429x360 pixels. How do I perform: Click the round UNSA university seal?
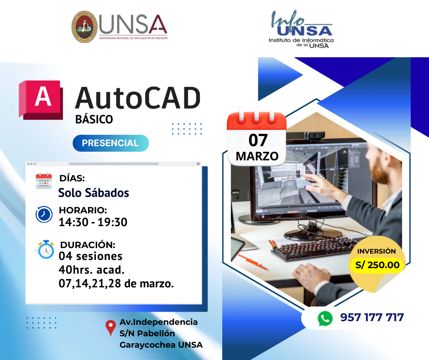pyautogui.click(x=84, y=26)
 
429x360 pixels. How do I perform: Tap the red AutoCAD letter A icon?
pyautogui.click(x=41, y=100)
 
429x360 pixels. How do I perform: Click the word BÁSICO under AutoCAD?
pyautogui.click(x=94, y=119)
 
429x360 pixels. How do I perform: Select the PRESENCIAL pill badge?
pyautogui.click(x=110, y=143)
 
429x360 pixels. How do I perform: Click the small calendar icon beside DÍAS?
pyautogui.click(x=44, y=181)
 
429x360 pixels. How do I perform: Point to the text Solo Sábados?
pyautogui.click(x=94, y=193)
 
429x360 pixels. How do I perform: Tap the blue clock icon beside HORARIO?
pyautogui.click(x=44, y=214)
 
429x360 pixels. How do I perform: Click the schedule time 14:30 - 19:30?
pyautogui.click(x=93, y=222)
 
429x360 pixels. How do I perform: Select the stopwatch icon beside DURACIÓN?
pyautogui.click(x=45, y=249)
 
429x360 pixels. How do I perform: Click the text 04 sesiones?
pyautogui.click(x=90, y=256)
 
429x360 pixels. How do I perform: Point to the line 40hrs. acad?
pyautogui.click(x=92, y=270)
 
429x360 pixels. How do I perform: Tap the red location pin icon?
pyautogui.click(x=110, y=328)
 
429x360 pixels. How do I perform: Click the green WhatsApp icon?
pyautogui.click(x=325, y=318)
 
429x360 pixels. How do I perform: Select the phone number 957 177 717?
pyautogui.click(x=372, y=318)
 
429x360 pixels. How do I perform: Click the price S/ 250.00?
pyautogui.click(x=377, y=265)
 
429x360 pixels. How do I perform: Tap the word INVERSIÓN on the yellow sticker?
pyautogui.click(x=377, y=251)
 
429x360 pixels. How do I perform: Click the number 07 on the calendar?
pyautogui.click(x=258, y=140)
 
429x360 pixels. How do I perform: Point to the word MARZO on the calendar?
pyautogui.click(x=257, y=156)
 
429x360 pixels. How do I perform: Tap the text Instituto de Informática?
pyautogui.click(x=301, y=40)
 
